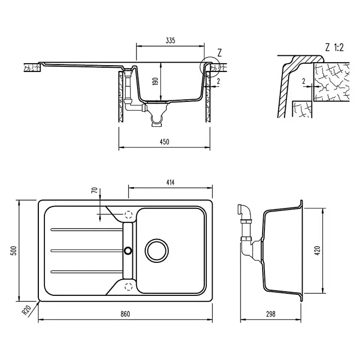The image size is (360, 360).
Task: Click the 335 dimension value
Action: pyautogui.click(x=170, y=41)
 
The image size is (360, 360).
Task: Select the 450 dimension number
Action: pyautogui.click(x=164, y=142)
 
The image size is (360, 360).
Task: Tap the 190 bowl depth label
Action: pyautogui.click(x=156, y=81)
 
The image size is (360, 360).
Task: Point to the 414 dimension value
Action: pyautogui.click(x=170, y=183)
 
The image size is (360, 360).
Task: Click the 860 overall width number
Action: pyautogui.click(x=125, y=314)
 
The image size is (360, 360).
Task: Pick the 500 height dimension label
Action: pyautogui.click(x=14, y=250)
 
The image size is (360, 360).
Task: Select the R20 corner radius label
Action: pyautogui.click(x=26, y=310)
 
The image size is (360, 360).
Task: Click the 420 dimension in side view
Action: pyautogui.click(x=317, y=250)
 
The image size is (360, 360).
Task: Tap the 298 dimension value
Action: pyautogui.click(x=271, y=314)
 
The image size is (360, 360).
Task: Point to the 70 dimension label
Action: pyautogui.click(x=95, y=190)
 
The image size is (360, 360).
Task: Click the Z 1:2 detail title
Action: pyautogui.click(x=334, y=48)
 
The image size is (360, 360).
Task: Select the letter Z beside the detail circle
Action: pyautogui.click(x=219, y=53)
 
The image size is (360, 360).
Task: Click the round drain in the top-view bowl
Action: pyautogui.click(x=157, y=250)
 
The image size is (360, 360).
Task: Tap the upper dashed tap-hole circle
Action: pyautogui.click(x=129, y=215)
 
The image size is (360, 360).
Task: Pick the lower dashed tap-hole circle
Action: pyautogui.click(x=129, y=287)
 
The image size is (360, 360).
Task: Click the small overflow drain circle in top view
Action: pyautogui.click(x=128, y=250)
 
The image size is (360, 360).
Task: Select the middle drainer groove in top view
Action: pyautogui.click(x=87, y=250)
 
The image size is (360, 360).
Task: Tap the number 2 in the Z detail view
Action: pyautogui.click(x=304, y=81)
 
